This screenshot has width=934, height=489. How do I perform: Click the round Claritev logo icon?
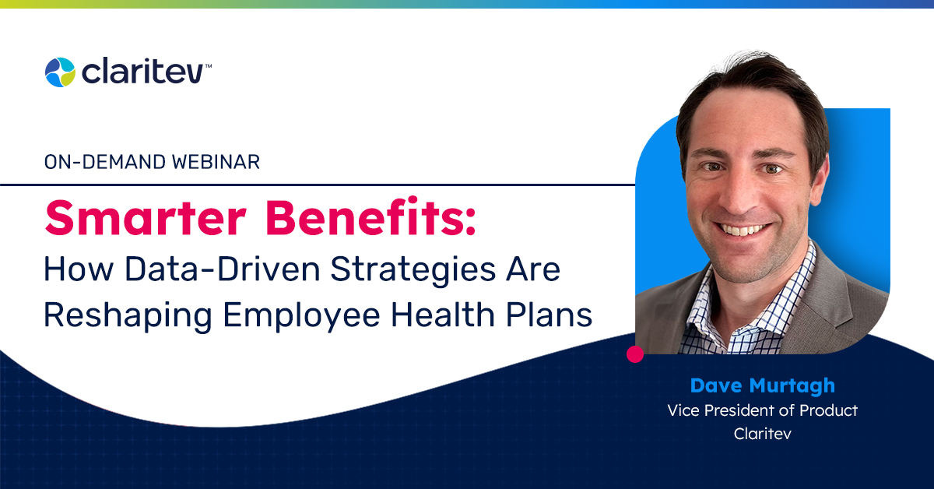click(x=60, y=72)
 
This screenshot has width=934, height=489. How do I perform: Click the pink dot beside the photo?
click(x=635, y=354)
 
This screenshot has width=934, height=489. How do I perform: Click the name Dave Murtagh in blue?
click(x=762, y=386)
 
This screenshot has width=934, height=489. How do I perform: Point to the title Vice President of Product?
click(x=762, y=410)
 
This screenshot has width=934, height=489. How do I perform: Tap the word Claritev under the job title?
click(x=762, y=434)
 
